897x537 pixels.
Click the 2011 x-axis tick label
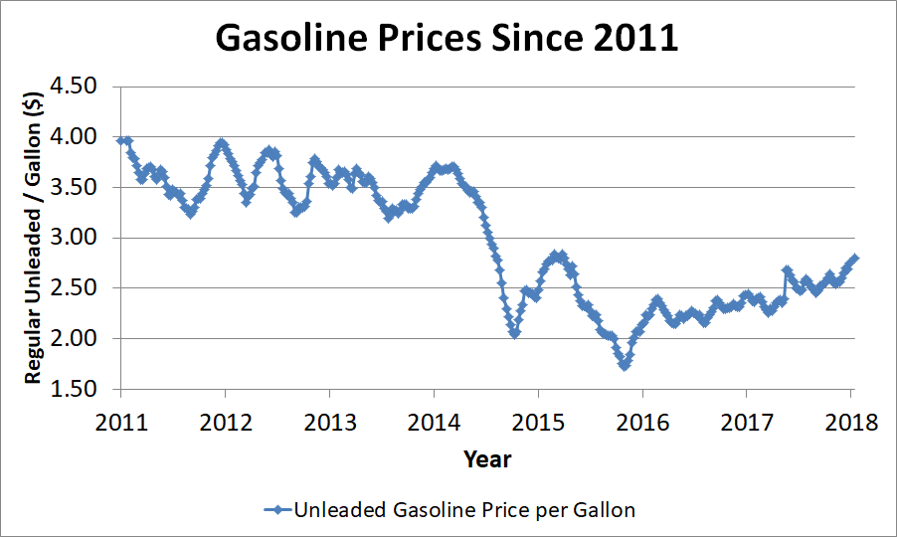click(121, 421)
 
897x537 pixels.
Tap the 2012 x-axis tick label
click(226, 421)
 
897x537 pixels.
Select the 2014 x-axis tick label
click(435, 421)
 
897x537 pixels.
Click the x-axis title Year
click(486, 458)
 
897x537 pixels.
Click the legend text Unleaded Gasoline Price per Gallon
click(463, 509)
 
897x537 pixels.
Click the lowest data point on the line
click(625, 365)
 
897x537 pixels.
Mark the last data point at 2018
click(854, 259)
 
